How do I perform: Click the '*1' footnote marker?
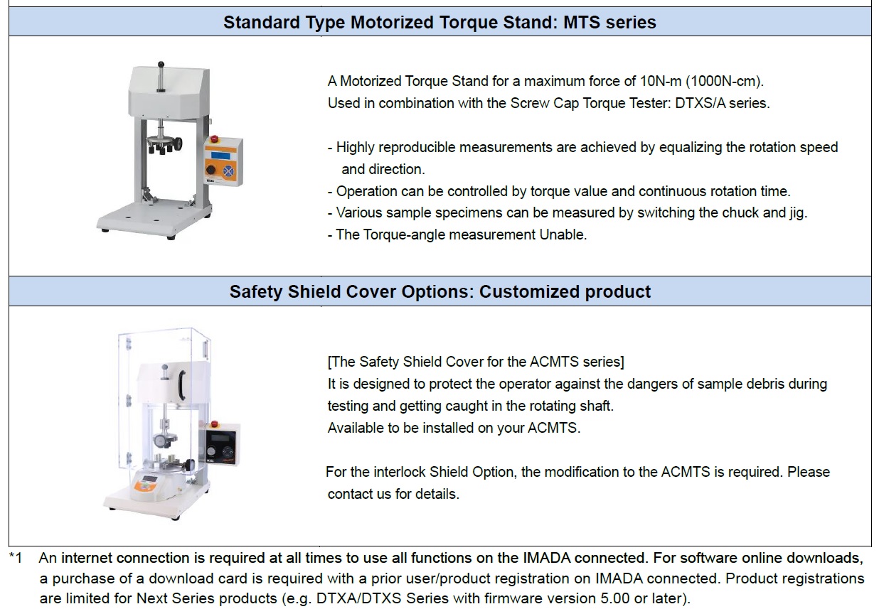point(16,559)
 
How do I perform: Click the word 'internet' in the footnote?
point(87,559)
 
